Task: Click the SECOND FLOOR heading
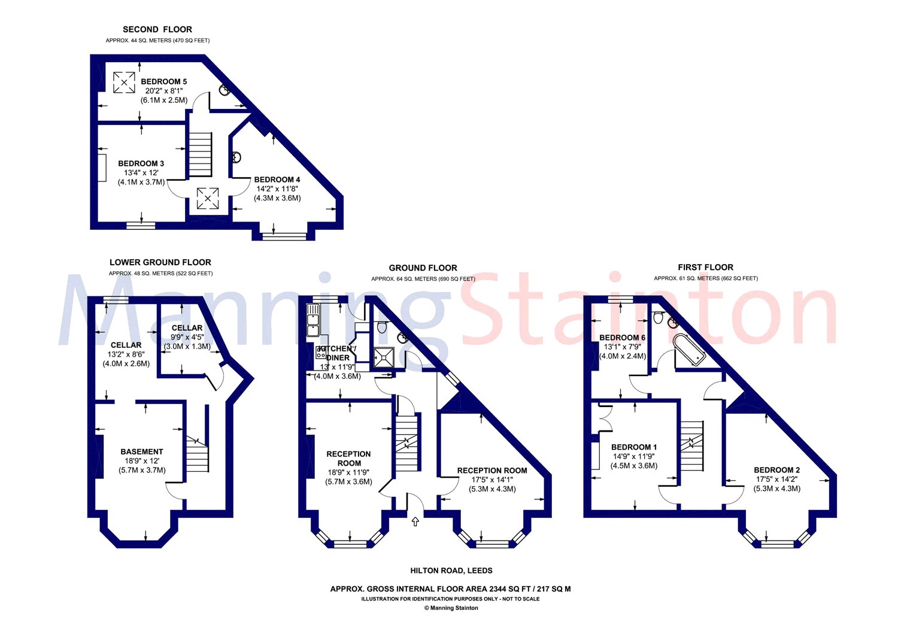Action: point(157,29)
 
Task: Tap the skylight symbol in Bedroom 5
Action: point(124,83)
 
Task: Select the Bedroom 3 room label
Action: point(141,163)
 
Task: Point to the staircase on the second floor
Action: point(200,154)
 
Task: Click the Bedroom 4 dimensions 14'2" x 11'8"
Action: point(277,189)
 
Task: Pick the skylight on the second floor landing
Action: point(208,199)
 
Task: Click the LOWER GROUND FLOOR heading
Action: point(160,262)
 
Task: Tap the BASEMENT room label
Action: point(142,451)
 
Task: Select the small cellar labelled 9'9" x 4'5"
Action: point(187,337)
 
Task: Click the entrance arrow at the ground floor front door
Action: point(415,521)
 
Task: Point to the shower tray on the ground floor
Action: point(384,357)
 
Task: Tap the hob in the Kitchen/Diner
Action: point(321,353)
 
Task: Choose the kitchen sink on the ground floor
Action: point(313,320)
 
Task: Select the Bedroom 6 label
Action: point(622,338)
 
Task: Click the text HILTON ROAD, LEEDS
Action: point(451,570)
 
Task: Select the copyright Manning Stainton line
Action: point(451,608)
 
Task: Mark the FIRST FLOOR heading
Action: point(706,267)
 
